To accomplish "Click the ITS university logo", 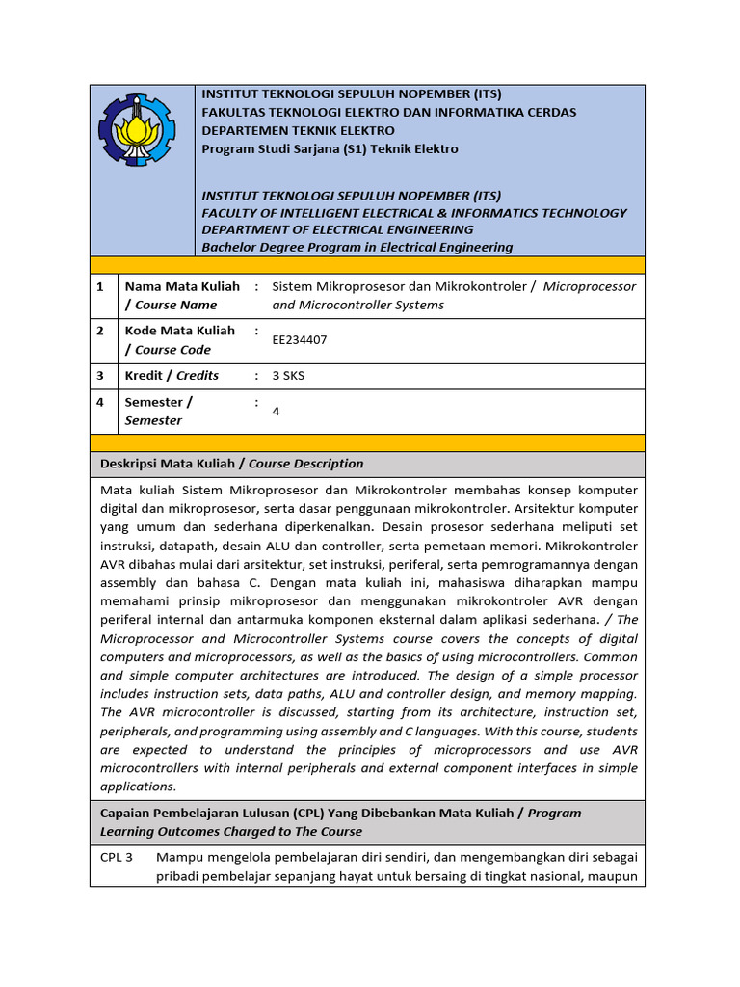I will click(x=137, y=130).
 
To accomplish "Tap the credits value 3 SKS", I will click(x=288, y=375).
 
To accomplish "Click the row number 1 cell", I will click(x=100, y=287).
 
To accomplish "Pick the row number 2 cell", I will click(x=100, y=331).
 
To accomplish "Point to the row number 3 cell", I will click(x=100, y=375).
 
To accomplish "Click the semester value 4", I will click(x=277, y=411).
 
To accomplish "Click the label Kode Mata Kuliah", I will click(x=180, y=330).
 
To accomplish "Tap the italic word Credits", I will click(x=198, y=375).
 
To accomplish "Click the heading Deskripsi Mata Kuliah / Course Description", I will click(x=232, y=464).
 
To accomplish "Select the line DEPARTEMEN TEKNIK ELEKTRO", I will click(x=298, y=130).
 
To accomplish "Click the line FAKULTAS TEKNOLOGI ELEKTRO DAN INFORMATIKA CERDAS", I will click(x=388, y=112).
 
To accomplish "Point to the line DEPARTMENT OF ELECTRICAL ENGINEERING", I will click(x=337, y=229).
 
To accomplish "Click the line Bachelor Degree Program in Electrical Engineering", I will click(x=357, y=247).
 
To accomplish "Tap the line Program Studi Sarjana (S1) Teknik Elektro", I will click(x=330, y=148).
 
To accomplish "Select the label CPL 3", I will click(x=117, y=856).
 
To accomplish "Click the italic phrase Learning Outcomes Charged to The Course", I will click(x=231, y=831).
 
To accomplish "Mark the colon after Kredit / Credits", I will click(x=256, y=375).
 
